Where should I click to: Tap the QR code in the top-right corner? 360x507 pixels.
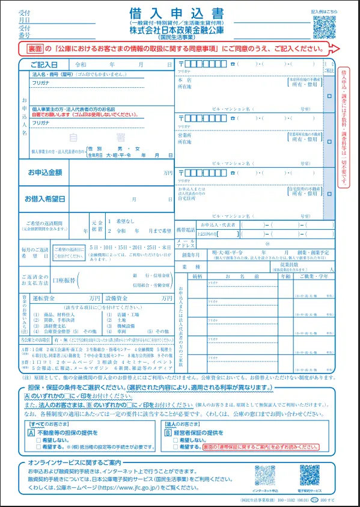(325, 26)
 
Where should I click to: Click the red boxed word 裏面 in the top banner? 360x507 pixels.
(34, 48)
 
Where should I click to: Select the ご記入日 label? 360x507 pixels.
(40, 64)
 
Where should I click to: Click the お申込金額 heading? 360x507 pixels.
(44, 173)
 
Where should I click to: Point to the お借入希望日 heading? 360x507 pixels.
(44, 198)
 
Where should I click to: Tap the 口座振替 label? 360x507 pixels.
(65, 280)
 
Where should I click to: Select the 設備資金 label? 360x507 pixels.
(117, 298)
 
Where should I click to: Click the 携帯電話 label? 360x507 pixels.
(186, 230)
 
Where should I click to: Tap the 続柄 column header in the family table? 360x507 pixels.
(197, 276)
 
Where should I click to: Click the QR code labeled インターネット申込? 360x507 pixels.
(265, 475)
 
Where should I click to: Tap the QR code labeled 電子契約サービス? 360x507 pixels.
(310, 475)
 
